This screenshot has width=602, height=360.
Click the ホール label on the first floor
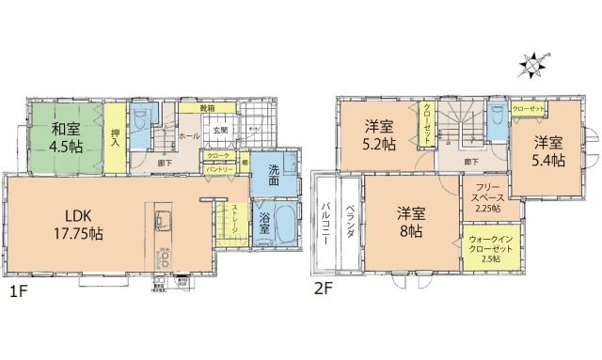(x=187, y=136)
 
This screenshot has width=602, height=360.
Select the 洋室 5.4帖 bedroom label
(x=549, y=151)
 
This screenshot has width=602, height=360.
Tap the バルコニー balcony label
(x=325, y=223)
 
